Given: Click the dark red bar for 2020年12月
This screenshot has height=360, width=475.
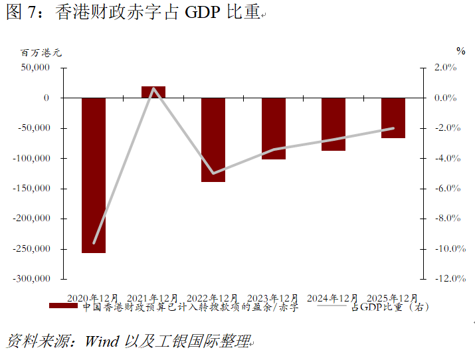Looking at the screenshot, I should pyautogui.click(x=93, y=175).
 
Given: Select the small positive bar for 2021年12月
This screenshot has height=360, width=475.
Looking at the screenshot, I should pyautogui.click(x=153, y=92).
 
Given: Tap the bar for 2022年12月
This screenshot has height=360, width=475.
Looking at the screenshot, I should pyautogui.click(x=213, y=139).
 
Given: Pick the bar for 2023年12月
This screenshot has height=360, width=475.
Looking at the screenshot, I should pyautogui.click(x=273, y=128).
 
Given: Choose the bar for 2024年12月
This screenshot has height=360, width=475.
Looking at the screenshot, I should pyautogui.click(x=333, y=124).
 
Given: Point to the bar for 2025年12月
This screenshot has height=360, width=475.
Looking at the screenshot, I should pyautogui.click(x=393, y=118).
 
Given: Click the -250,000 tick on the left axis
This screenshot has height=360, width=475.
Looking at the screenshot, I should pyautogui.click(x=33, y=248).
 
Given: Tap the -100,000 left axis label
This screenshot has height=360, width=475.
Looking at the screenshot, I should pyautogui.click(x=33, y=158).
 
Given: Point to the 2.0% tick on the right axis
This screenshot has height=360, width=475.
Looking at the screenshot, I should pyautogui.click(x=445, y=67).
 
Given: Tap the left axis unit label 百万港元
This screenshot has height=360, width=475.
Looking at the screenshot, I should pyautogui.click(x=40, y=52).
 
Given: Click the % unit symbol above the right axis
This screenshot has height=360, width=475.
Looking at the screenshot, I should pyautogui.click(x=460, y=50).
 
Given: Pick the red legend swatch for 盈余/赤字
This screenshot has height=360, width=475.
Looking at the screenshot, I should pyautogui.click(x=64, y=307).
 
